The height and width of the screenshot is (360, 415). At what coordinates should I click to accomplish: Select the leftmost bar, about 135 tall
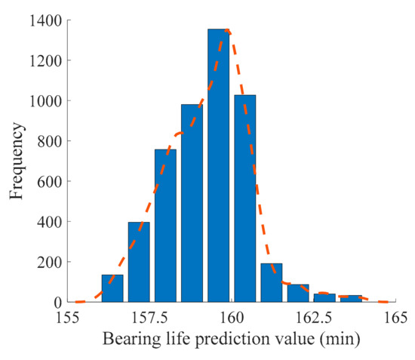[112, 288]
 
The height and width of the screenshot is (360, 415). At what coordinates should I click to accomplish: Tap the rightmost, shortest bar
[350, 299]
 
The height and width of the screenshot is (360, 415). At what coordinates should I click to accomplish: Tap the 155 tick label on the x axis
[68, 317]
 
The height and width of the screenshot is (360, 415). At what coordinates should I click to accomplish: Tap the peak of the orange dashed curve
[226, 30]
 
